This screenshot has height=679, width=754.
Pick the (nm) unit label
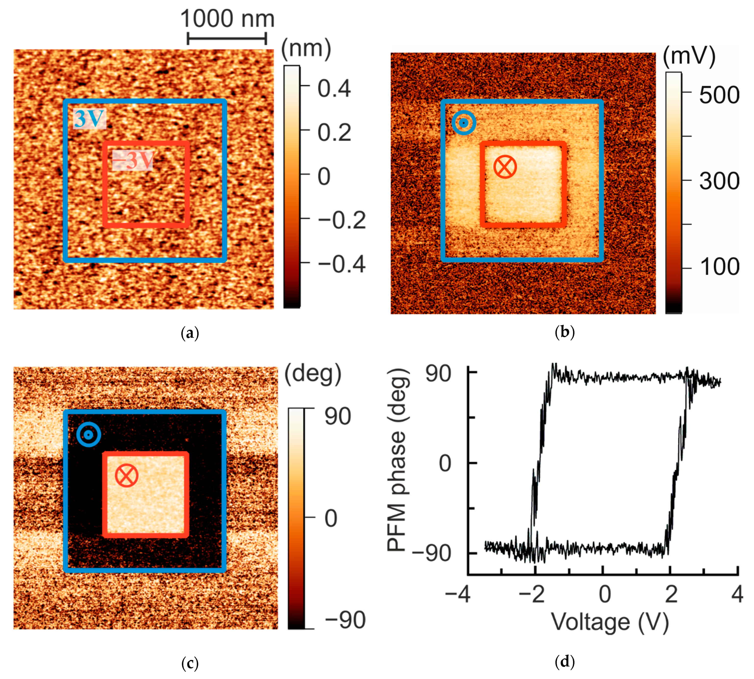pos(306,49)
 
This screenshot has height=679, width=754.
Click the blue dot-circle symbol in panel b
pos(464,123)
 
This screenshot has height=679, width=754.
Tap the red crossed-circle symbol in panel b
pos(505,167)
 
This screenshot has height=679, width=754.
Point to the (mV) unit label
pos(689,56)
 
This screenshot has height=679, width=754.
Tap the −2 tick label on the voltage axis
pos(532,594)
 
